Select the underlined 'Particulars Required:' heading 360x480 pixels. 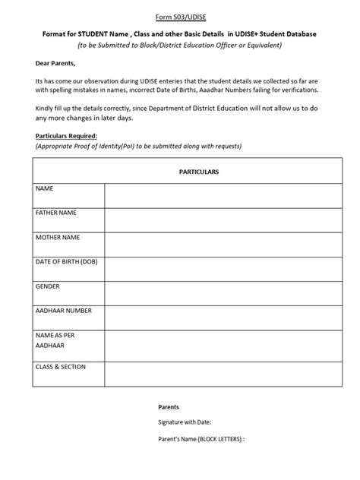tap(66, 135)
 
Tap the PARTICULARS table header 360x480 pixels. tap(197, 172)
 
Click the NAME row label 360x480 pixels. tap(45, 187)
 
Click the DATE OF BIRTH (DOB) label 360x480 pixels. tap(67, 263)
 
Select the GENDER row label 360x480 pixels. tap(48, 288)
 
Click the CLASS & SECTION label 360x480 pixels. tap(61, 367)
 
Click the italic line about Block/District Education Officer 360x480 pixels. tap(180, 46)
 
